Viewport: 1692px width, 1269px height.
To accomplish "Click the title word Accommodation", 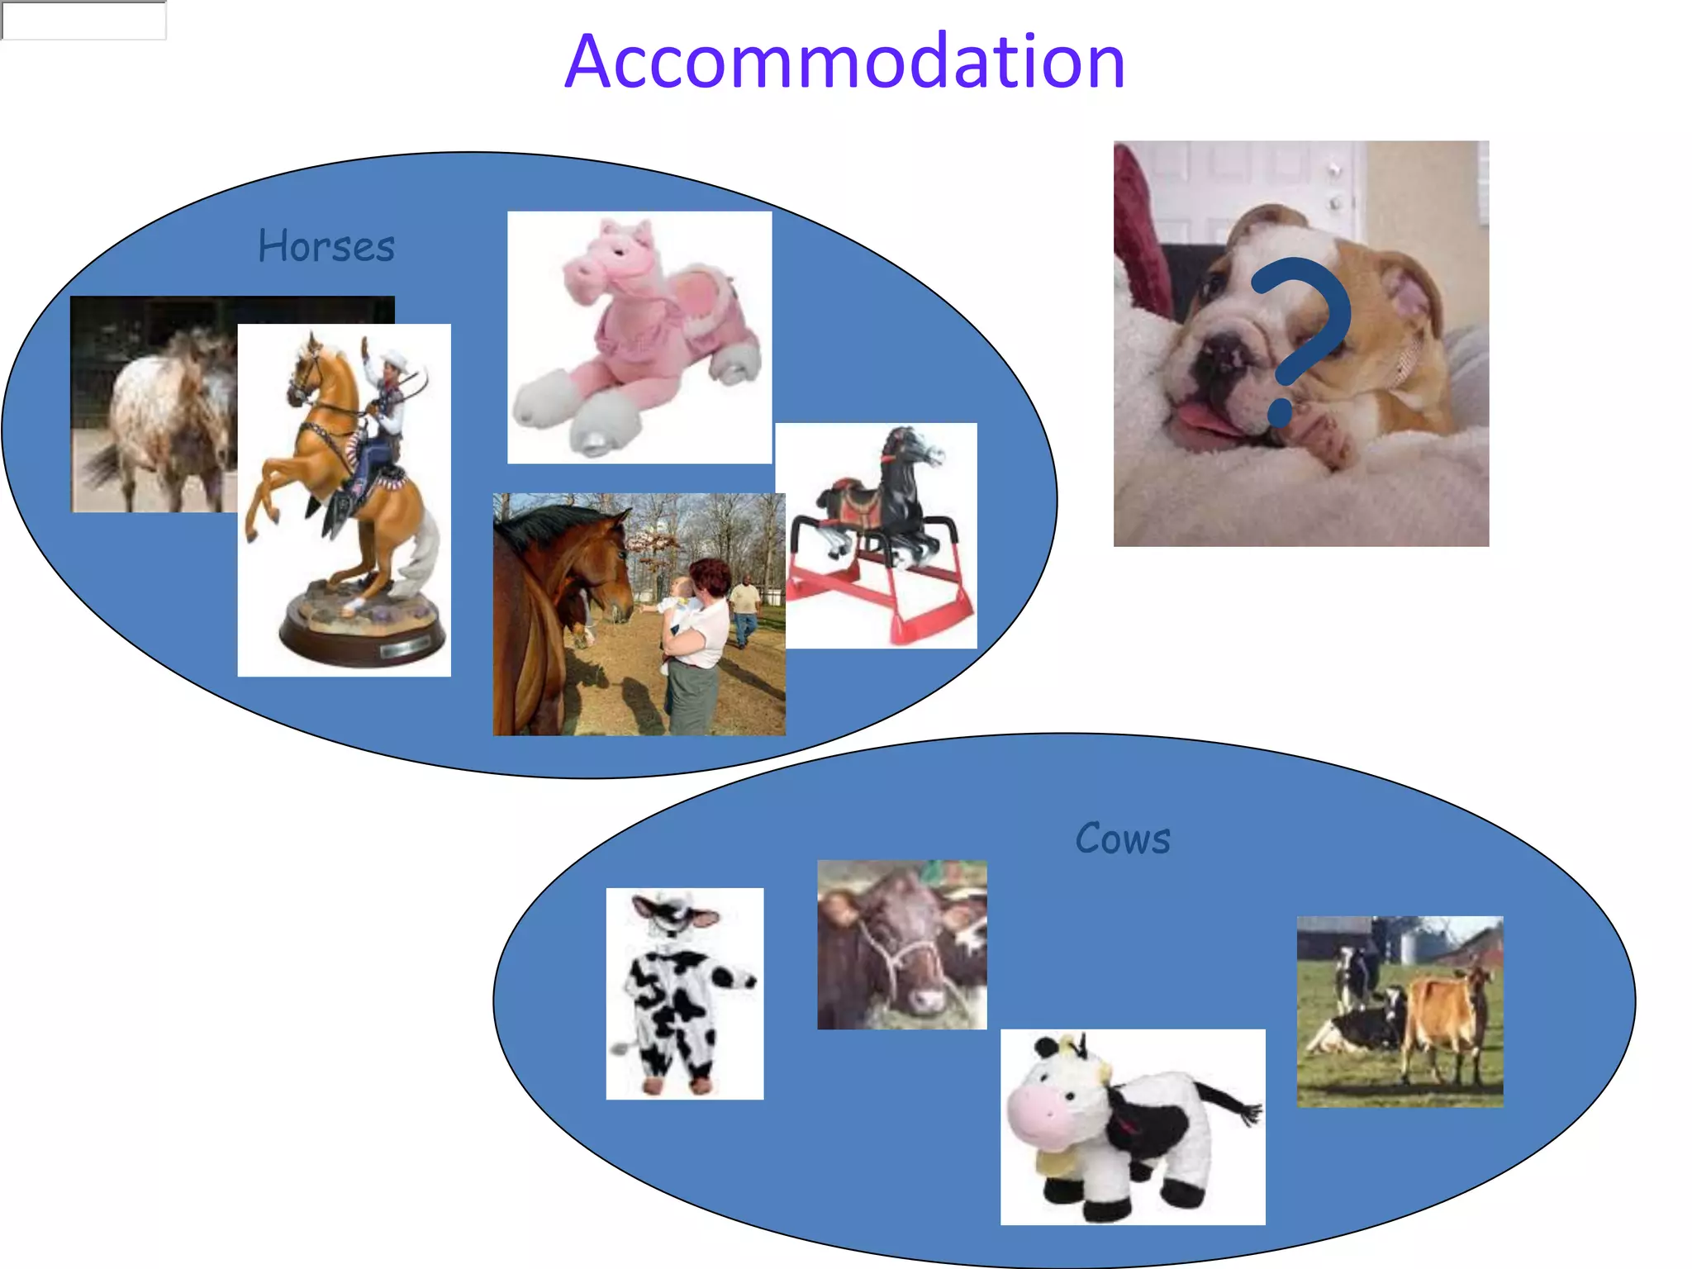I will coord(844,62).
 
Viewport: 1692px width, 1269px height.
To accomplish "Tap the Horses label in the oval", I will coord(326,246).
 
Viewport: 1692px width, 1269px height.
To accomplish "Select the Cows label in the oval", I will coord(1122,839).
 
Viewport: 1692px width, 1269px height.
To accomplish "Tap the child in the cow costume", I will coord(682,991).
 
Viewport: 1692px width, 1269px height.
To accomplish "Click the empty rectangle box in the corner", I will coord(83,20).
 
